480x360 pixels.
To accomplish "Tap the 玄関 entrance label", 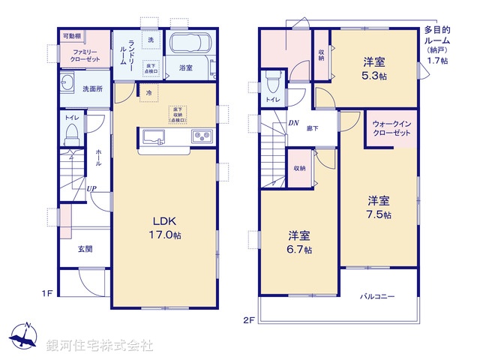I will click(84, 249).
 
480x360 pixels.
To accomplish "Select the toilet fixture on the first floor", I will click(72, 133).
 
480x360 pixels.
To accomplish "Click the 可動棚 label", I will click(72, 35).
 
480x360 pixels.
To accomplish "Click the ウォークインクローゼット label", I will click(391, 127).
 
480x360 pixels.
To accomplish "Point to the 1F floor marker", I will click(46, 293).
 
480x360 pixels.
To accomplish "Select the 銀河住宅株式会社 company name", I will click(100, 346).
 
